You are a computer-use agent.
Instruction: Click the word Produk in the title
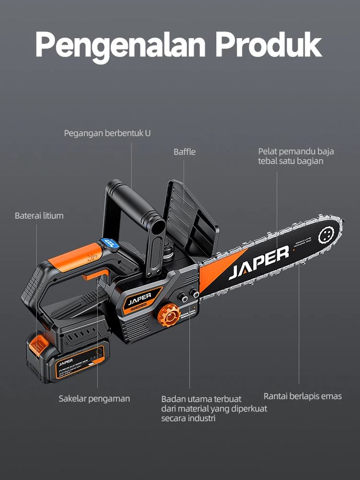[x=269, y=45]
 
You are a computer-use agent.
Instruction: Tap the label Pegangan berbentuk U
[x=107, y=133]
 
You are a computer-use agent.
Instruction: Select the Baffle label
[x=184, y=152]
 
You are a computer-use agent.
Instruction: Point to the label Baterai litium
[x=39, y=216]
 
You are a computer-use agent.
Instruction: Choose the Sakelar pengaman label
[x=94, y=399]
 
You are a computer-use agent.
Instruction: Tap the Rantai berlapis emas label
[x=302, y=396]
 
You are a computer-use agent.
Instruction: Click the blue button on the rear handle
[x=111, y=243]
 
